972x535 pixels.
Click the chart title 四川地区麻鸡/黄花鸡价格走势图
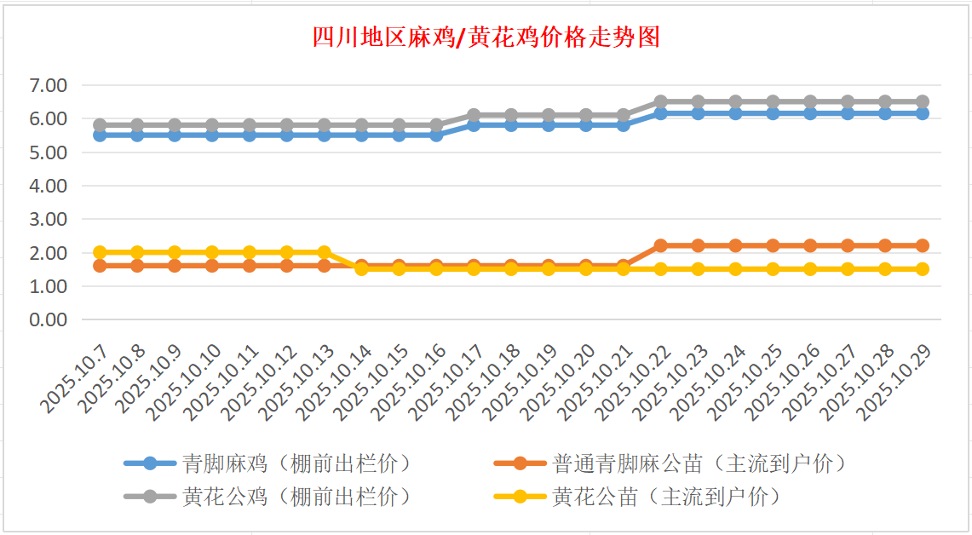[486, 37]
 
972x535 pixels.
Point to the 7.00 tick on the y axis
[48, 85]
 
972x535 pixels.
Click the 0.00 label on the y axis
[48, 319]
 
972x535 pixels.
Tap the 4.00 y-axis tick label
[48, 186]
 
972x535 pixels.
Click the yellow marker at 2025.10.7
[100, 252]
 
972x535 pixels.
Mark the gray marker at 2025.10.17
[474, 115]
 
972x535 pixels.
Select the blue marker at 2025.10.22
[660, 112]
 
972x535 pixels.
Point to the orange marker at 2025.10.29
[922, 245]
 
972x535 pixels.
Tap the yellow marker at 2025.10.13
[324, 252]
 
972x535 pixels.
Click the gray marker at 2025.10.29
[922, 101]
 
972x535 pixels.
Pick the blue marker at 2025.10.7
[100, 135]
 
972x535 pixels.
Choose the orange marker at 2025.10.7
[100, 266]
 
